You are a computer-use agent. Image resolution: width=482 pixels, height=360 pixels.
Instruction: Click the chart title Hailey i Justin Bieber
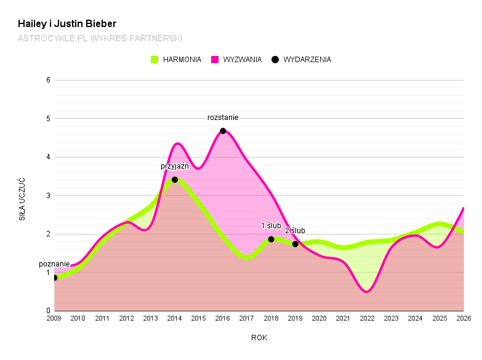67,24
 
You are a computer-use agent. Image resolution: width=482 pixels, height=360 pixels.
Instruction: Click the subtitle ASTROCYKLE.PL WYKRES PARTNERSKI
100,38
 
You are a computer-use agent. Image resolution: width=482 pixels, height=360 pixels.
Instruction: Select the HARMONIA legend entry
176,60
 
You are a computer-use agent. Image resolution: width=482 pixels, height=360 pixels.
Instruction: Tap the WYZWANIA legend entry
236,60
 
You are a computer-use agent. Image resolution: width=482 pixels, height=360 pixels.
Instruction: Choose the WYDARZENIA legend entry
302,60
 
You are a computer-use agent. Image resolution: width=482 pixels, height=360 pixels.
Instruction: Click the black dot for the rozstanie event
223,131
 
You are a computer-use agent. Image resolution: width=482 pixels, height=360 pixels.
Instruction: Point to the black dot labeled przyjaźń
175,180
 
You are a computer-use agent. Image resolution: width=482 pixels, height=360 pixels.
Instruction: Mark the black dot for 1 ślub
271,239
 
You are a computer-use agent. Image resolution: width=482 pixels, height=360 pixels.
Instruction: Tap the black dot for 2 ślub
295,244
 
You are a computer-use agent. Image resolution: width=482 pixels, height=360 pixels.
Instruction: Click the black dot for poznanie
54,278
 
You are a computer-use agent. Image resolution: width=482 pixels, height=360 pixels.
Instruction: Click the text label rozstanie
223,118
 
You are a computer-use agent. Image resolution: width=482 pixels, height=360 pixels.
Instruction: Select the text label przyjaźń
175,166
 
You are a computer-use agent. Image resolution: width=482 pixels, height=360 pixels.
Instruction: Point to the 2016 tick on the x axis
223,318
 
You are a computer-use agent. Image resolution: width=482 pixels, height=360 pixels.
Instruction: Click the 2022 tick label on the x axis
368,318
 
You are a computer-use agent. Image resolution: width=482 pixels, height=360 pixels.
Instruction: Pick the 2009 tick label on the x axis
54,318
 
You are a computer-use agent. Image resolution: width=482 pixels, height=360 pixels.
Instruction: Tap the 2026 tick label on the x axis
464,318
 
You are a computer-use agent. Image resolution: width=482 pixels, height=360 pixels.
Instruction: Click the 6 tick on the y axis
47,80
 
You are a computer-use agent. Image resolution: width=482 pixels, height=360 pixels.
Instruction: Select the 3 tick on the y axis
47,196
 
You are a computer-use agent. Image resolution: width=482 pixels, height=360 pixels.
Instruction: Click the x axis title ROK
259,338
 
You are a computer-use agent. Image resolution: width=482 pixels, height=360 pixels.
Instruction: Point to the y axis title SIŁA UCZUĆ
22,199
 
